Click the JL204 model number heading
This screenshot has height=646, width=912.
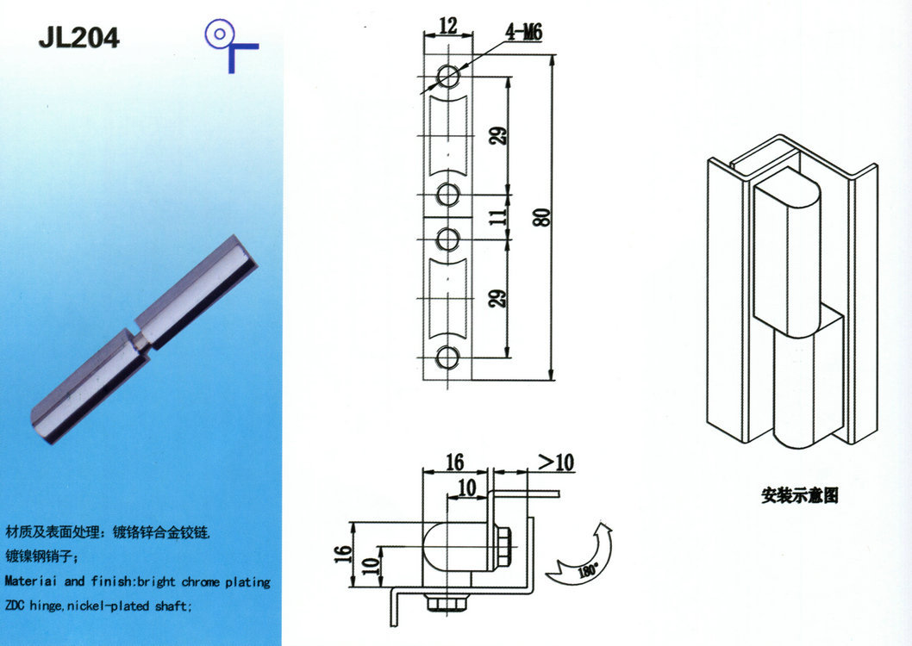tap(78, 38)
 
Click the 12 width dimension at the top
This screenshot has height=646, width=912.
tap(447, 26)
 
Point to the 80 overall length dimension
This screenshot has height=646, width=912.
tap(542, 217)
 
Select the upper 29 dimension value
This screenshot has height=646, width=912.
tap(498, 135)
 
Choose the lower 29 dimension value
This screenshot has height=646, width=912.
tap(498, 299)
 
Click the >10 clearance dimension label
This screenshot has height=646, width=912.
tap(555, 462)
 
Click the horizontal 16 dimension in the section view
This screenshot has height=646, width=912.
tap(454, 462)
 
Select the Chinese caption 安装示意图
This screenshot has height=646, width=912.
tap(799, 495)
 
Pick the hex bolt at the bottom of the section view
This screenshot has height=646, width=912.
tap(449, 603)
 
